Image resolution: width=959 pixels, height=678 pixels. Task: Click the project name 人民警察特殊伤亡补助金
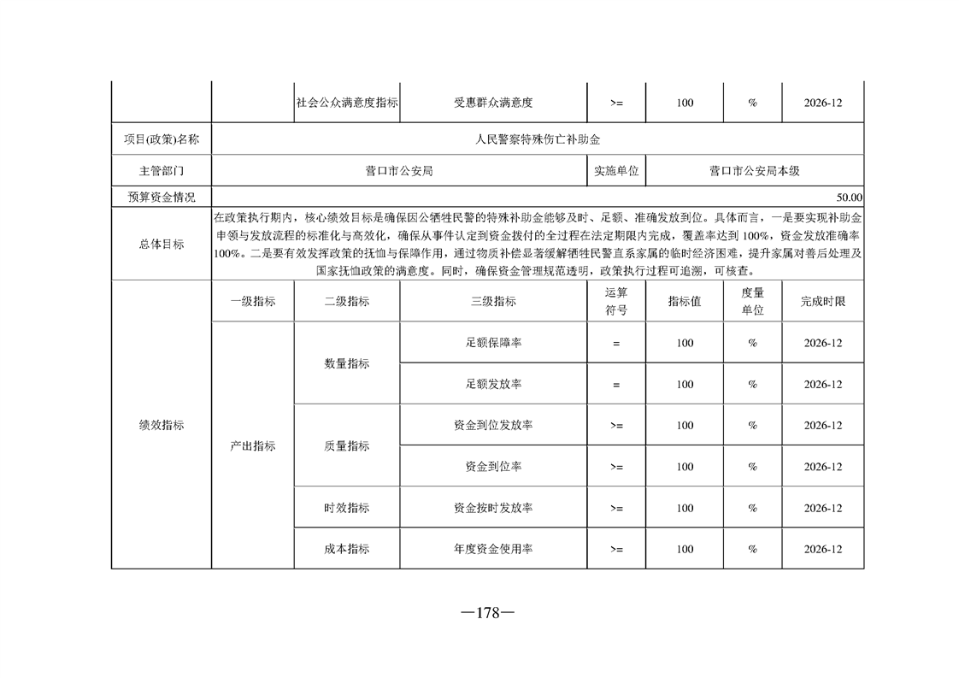(x=538, y=139)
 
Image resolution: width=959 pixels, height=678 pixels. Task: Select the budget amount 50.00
(x=850, y=198)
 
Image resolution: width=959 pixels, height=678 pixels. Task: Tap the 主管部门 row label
(x=162, y=171)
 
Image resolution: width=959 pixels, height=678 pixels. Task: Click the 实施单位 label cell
(x=617, y=171)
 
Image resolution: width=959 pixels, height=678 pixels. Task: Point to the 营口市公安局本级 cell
(x=754, y=171)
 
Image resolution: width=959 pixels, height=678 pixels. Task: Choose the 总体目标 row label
(x=162, y=244)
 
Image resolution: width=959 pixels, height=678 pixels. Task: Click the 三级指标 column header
(x=493, y=301)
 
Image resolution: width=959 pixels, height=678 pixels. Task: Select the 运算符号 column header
(x=616, y=301)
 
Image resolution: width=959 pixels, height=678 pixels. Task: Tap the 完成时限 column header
(x=823, y=301)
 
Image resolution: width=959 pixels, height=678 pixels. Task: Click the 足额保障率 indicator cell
(x=493, y=343)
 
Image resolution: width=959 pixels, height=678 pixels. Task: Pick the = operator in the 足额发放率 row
(x=616, y=385)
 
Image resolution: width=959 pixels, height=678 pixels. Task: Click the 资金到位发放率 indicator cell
(x=493, y=426)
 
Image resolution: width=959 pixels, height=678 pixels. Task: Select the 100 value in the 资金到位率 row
(x=685, y=467)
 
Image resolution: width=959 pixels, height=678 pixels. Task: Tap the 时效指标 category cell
(x=347, y=508)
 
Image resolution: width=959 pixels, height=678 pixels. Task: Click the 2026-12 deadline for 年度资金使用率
(x=823, y=549)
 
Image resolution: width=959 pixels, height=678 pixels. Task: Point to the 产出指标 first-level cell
(x=253, y=445)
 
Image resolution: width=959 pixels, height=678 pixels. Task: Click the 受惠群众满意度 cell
(x=493, y=103)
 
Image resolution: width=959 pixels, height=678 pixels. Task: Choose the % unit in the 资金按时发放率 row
(x=753, y=508)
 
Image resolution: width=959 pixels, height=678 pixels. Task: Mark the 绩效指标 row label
(x=162, y=425)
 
